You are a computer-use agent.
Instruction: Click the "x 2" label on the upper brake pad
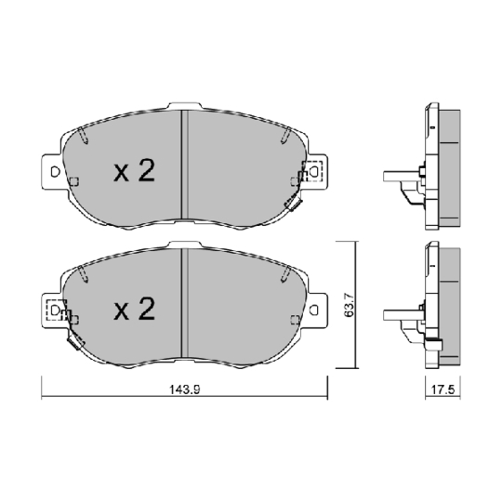133,171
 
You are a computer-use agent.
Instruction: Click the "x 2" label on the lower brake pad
133,310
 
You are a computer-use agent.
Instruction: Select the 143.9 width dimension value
185,390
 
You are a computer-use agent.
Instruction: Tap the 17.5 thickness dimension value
441,391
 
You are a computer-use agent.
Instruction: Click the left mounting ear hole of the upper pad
55,172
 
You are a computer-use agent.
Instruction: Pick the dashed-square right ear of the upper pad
310,171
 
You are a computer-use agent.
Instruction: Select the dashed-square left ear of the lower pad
57,309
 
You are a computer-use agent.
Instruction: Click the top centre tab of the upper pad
183,105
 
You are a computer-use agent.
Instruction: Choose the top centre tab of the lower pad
185,244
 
